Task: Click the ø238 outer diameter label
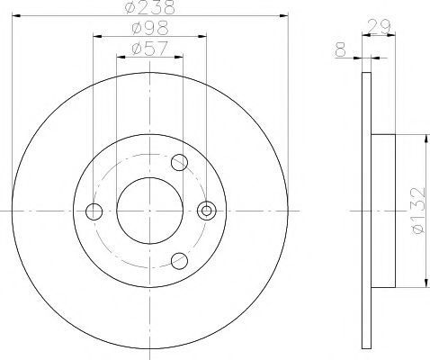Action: point(150,7)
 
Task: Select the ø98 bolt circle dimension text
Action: point(150,28)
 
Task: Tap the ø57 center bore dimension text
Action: point(149,49)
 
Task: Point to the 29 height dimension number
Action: point(379,26)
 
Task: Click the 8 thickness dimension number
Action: point(340,49)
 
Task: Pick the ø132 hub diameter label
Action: point(418,211)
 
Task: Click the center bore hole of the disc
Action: point(149,211)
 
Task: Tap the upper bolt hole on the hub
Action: point(179,162)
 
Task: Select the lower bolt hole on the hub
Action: point(179,260)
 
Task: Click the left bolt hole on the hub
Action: point(94,211)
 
